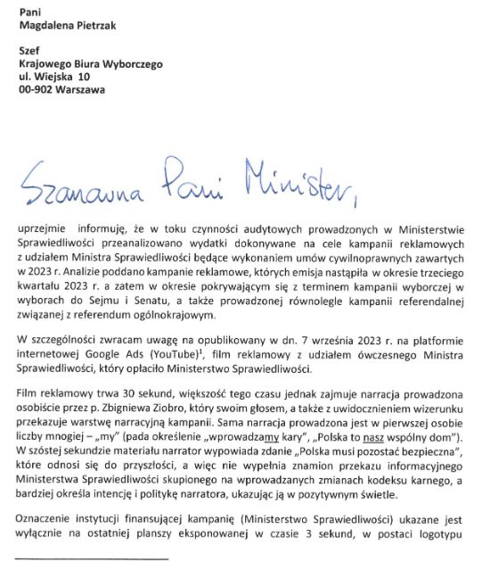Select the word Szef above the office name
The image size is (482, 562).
[x=31, y=52]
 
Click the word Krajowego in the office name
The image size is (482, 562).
[x=46, y=64]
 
